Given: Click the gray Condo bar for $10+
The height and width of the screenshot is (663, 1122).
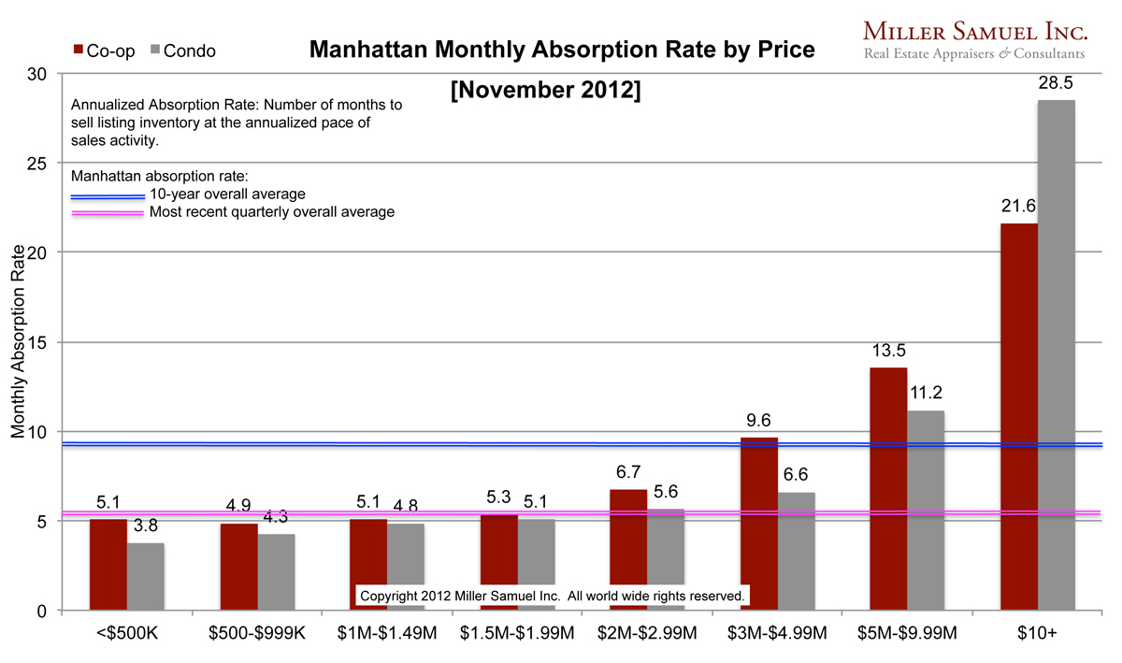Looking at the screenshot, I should pos(1056,355).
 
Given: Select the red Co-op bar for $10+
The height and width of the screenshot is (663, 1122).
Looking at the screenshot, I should pos(1018,417).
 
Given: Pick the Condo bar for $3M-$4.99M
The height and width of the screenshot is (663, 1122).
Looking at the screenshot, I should pos(796,552).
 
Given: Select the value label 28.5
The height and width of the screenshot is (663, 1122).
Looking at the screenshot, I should pos(1056,84).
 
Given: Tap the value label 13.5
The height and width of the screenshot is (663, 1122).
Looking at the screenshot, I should pos(888,352).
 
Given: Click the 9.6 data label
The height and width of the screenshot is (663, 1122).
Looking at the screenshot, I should pos(758,421).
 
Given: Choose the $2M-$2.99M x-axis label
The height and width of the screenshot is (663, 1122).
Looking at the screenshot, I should pos(648,634).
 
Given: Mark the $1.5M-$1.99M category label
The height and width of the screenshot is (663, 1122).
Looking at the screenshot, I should pos(517,634).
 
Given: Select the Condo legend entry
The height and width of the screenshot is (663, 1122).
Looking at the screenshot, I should pos(181,51).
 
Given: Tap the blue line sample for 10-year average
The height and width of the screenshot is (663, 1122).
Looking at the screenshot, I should pos(108,195).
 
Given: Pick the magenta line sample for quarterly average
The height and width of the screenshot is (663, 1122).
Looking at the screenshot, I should pos(108,213).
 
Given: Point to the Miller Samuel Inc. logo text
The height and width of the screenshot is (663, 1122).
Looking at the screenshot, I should pos(975,32).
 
